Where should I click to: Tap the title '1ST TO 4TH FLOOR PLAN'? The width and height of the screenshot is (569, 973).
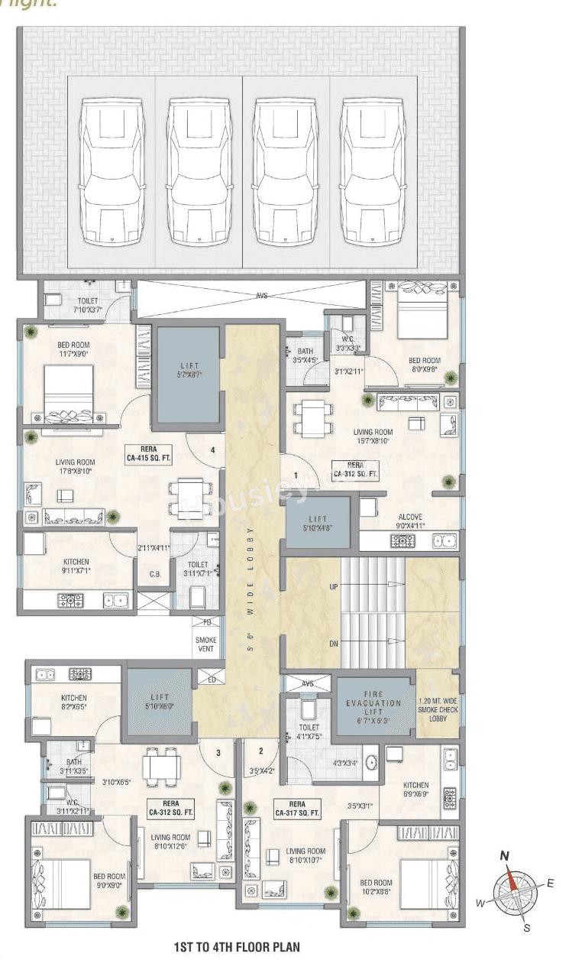(x=237, y=947)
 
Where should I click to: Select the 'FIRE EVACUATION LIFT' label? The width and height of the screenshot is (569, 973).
(x=373, y=708)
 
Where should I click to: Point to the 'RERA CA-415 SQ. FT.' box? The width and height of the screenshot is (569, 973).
(x=148, y=454)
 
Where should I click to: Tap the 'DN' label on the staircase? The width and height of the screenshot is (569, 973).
(x=333, y=644)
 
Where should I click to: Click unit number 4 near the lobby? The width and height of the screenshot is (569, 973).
(x=213, y=450)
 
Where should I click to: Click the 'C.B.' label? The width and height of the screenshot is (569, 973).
(x=154, y=575)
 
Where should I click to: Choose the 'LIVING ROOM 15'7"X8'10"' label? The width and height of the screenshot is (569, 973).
(x=371, y=436)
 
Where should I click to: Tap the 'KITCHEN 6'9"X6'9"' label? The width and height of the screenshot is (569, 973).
(x=416, y=790)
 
